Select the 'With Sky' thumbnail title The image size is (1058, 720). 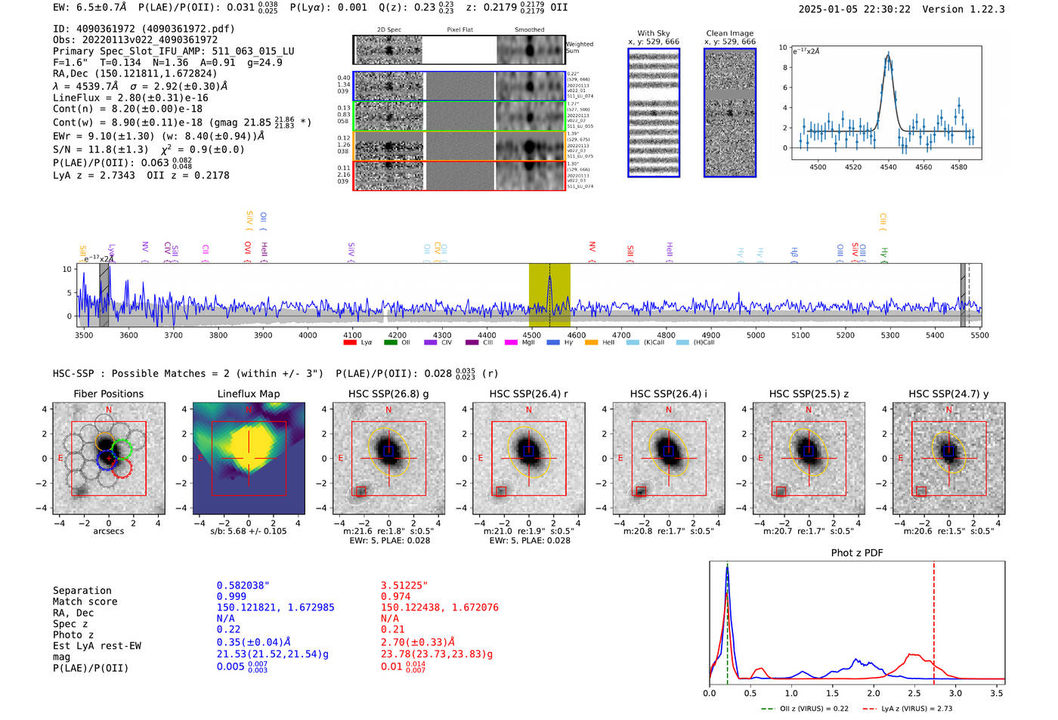(x=654, y=33)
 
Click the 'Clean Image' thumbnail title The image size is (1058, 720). (x=729, y=33)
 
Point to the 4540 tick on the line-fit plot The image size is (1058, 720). (x=889, y=167)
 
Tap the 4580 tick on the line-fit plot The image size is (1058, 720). (x=959, y=167)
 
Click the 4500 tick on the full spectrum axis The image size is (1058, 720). (x=531, y=335)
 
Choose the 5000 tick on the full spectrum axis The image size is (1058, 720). (x=756, y=335)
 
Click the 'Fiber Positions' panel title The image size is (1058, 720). (x=108, y=394)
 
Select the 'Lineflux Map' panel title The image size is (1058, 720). (x=249, y=394)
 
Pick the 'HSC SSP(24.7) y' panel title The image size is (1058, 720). (x=948, y=394)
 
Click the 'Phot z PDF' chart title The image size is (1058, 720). (x=857, y=553)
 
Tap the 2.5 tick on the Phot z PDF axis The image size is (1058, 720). (x=914, y=693)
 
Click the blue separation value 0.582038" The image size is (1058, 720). (x=243, y=586)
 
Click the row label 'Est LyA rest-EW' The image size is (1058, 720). (x=97, y=646)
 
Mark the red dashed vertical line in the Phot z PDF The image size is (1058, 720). (x=934, y=620)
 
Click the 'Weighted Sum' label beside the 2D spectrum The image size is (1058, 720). (x=580, y=47)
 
